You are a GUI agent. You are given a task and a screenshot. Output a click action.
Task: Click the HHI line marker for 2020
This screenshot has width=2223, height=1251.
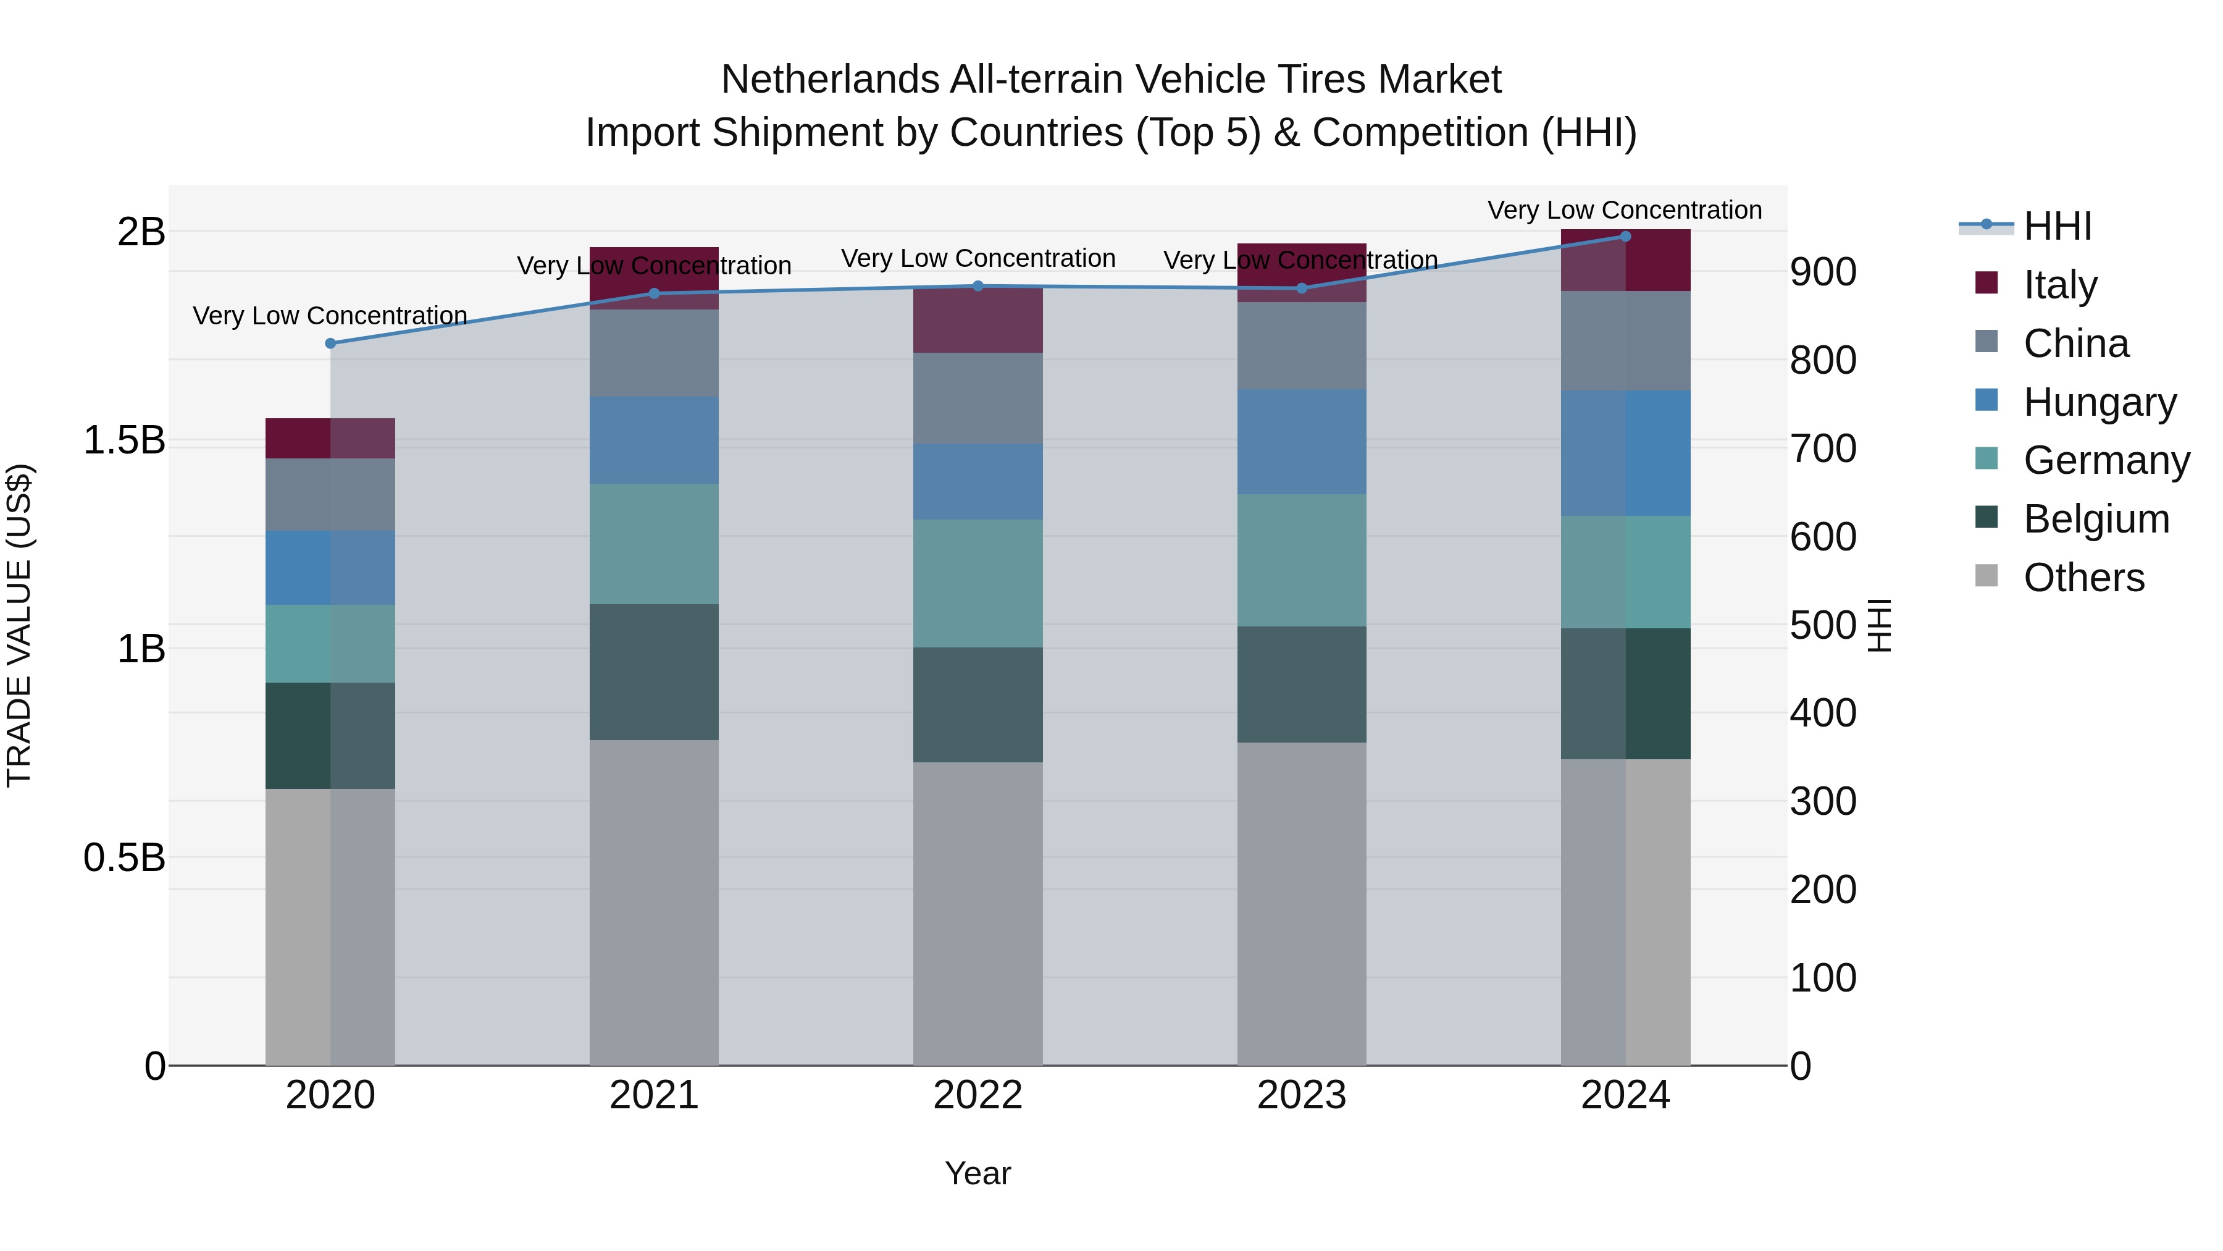[330, 343]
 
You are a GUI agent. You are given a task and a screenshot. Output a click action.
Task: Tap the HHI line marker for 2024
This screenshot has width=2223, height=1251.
[1626, 237]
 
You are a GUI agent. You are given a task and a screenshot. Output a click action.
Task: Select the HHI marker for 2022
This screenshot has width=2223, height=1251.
[978, 287]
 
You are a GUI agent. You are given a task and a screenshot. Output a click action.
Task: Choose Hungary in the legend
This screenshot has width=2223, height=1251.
[2099, 402]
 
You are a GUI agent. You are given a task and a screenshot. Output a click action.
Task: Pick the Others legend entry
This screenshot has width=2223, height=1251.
[2083, 578]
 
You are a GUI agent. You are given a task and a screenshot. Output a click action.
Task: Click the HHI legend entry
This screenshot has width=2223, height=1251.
[2058, 226]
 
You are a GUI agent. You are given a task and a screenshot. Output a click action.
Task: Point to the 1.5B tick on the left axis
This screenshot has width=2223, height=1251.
[124, 440]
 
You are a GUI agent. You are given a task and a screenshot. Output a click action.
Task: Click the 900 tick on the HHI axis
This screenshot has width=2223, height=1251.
[1823, 272]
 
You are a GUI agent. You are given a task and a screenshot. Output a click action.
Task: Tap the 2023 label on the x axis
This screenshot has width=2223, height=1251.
[1301, 1095]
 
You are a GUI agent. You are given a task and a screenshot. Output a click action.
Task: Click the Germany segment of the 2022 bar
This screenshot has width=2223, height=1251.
[978, 584]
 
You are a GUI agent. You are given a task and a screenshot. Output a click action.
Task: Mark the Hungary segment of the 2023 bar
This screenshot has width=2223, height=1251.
[1301, 442]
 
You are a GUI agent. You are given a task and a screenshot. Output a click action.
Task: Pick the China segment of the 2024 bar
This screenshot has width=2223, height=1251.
[1626, 341]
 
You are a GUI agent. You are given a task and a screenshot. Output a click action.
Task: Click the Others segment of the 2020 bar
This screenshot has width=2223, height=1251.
[330, 927]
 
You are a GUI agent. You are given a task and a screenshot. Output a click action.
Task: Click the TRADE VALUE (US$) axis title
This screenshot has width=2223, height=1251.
[19, 625]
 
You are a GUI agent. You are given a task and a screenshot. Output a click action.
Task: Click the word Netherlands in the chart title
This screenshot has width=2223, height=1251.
[829, 80]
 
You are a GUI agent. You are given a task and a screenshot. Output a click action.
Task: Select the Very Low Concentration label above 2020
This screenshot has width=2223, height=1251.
[330, 316]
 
